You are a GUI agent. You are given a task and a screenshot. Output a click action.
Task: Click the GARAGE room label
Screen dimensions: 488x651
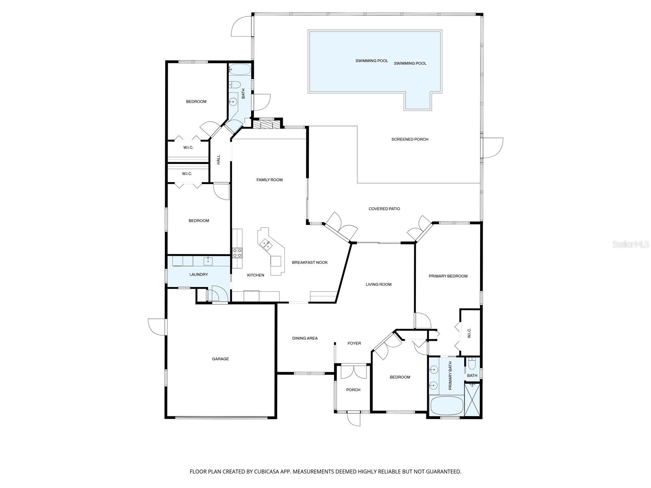click(220, 359)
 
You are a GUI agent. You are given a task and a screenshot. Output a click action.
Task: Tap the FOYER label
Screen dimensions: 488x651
click(354, 343)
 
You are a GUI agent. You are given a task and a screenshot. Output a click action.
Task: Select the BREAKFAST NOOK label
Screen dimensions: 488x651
click(310, 262)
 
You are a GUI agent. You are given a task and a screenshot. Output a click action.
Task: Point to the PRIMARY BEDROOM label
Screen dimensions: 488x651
click(448, 276)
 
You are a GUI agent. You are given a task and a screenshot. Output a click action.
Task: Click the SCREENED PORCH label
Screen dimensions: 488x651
click(410, 139)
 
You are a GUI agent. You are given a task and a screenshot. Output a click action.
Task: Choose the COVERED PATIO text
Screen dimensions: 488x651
click(384, 209)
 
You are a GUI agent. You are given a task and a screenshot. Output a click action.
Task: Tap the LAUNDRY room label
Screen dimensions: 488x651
click(199, 274)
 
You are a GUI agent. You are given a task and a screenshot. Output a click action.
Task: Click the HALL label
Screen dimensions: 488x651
click(218, 159)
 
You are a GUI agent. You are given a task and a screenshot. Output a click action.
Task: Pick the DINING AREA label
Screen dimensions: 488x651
click(305, 338)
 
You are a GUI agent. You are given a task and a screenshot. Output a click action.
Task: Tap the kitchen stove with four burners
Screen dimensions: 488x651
click(237, 253)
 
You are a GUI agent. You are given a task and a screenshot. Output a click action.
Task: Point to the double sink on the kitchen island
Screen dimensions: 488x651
click(267, 244)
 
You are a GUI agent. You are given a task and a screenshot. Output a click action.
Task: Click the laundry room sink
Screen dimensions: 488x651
click(208, 261)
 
